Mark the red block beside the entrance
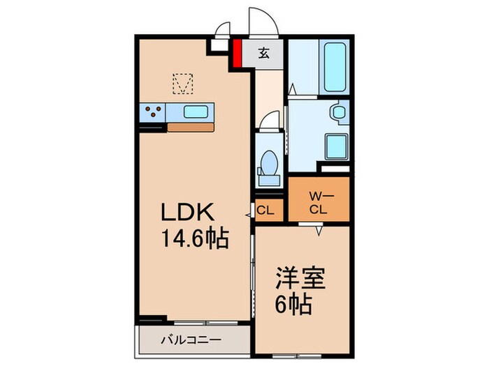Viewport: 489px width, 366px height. click(237, 54)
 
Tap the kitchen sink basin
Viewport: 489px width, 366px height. click(196, 111)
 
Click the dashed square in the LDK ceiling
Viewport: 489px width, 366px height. click(182, 84)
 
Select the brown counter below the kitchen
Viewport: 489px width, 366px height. click(191, 128)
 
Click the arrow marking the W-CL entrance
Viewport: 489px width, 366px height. click(320, 229)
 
